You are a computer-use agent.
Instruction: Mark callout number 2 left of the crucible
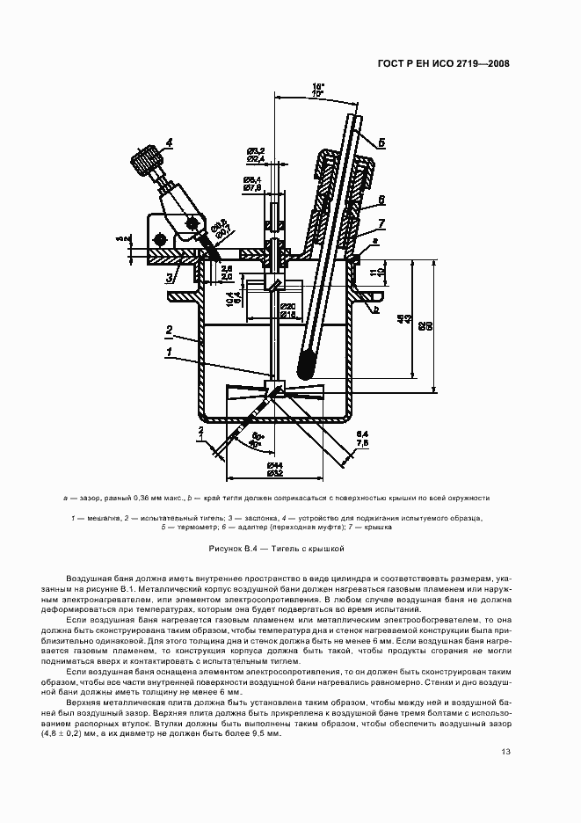[x=165, y=331]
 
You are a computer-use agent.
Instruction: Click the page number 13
[x=505, y=752]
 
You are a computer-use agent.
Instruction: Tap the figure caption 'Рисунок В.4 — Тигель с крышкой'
[x=275, y=548]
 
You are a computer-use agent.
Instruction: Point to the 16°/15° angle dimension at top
[x=317, y=89]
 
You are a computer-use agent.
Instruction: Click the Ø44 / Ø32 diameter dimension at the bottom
[x=274, y=469]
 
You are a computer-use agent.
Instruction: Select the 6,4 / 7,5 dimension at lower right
[x=362, y=440]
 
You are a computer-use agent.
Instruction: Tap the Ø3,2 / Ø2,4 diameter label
[x=255, y=155]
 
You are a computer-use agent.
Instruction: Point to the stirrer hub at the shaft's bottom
[x=275, y=383]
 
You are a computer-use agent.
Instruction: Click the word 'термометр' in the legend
[x=191, y=528]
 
